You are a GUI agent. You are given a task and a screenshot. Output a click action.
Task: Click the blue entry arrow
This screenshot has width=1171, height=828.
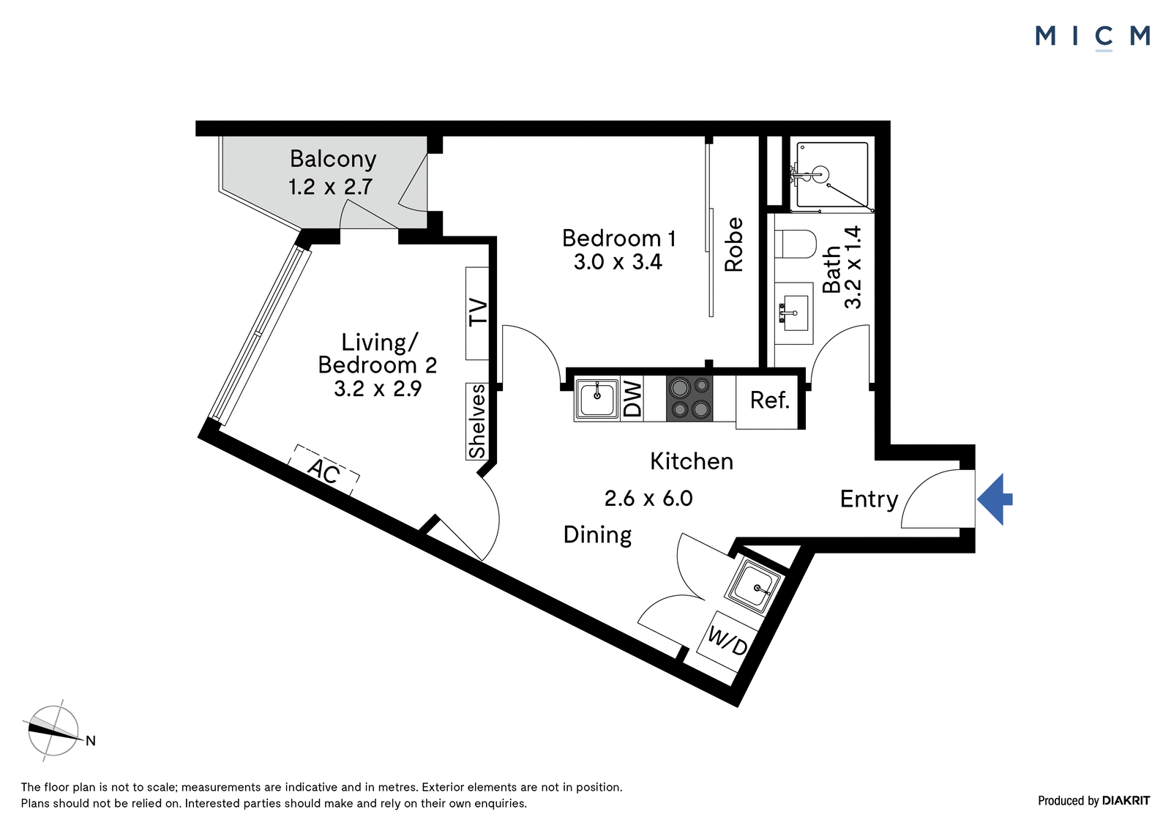(995, 499)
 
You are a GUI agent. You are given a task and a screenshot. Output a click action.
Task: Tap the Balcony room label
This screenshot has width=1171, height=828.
(333, 159)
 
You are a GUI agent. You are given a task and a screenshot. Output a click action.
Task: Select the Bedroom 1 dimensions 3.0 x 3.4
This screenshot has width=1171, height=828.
(618, 261)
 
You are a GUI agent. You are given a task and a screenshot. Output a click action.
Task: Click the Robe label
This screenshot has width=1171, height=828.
(734, 245)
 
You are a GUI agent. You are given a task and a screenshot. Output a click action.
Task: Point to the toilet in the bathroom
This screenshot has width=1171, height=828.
(795, 245)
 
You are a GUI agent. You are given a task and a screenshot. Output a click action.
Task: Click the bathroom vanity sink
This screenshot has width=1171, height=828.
(793, 313)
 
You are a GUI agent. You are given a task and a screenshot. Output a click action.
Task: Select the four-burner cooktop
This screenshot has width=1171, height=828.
(689, 398)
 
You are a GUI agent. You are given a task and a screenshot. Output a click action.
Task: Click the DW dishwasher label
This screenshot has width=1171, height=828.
(632, 398)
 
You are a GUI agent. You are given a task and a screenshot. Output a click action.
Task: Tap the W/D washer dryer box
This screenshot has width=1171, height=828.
(727, 642)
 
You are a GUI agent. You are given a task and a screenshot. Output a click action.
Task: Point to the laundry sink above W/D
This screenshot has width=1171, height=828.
(753, 586)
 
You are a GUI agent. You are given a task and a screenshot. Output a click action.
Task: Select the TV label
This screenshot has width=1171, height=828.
(478, 313)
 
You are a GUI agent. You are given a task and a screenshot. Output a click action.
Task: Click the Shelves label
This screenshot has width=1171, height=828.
(477, 421)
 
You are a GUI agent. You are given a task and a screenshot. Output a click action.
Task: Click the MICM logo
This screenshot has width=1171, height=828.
(1093, 37)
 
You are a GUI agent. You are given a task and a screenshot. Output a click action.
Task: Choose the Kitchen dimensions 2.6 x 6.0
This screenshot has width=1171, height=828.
(648, 499)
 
